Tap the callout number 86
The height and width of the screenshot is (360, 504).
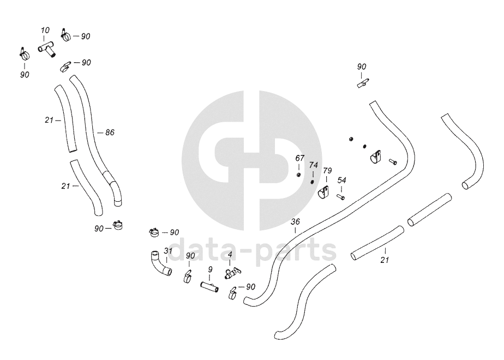tap(110, 133)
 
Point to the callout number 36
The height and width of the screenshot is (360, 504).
tap(295, 221)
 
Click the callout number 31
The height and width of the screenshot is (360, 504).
tap(169, 251)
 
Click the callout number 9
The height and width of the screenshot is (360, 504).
tap(210, 269)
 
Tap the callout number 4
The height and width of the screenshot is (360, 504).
tap(230, 255)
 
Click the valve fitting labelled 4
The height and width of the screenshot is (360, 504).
tap(231, 271)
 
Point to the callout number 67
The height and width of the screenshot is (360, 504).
tap(299, 158)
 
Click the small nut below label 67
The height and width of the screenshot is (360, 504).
tap(299, 175)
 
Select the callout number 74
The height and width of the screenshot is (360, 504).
tap(313, 165)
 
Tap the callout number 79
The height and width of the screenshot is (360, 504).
tap(327, 171)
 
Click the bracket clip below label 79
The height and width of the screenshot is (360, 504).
tap(324, 193)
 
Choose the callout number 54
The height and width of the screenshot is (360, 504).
tap(341, 180)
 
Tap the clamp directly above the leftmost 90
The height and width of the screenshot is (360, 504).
tap(23, 53)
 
